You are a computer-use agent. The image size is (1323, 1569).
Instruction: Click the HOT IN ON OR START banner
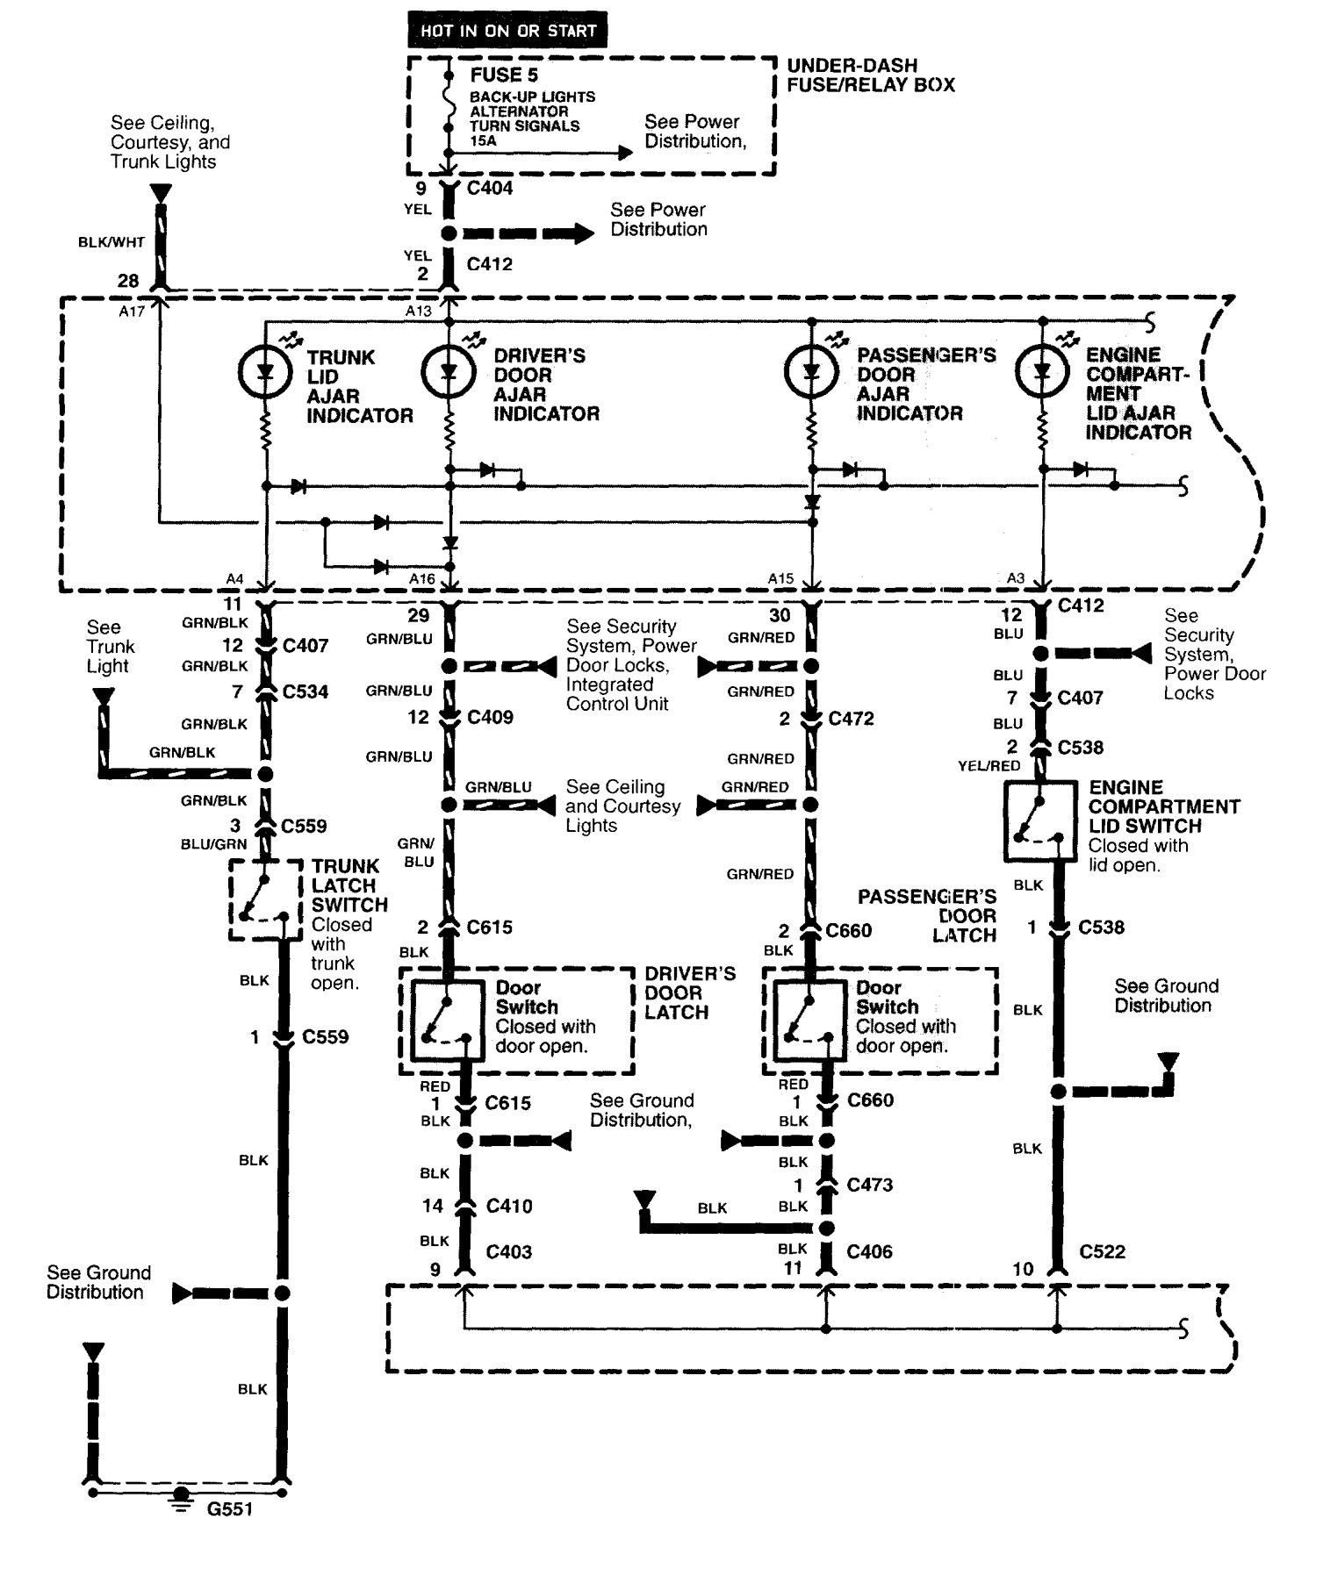point(507,31)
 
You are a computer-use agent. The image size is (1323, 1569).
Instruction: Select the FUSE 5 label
point(503,75)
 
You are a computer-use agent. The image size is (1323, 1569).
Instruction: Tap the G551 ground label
point(229,1509)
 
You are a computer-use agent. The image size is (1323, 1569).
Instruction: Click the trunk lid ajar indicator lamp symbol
point(265,372)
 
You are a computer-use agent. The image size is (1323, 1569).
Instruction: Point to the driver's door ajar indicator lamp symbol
point(449,372)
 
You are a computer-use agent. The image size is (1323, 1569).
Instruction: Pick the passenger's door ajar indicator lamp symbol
point(811,371)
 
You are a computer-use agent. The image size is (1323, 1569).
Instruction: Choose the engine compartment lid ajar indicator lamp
point(1042,371)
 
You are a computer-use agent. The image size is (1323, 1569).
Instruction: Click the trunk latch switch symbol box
point(260,899)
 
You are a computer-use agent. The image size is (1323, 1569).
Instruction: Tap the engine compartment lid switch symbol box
point(1040,820)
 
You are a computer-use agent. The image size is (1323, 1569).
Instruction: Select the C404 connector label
point(490,187)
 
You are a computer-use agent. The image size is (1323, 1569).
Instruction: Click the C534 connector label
point(306,691)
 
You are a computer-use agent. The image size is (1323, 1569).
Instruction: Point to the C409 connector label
point(490,717)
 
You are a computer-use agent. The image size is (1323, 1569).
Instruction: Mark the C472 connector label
point(851,719)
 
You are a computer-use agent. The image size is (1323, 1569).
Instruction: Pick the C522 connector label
point(1102,1251)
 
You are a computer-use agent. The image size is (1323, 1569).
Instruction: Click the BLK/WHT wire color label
point(111,242)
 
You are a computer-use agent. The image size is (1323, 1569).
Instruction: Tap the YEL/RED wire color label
point(989,766)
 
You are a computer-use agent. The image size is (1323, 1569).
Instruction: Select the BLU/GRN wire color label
point(213,844)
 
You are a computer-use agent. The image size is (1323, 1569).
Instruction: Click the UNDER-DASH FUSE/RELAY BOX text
point(870,75)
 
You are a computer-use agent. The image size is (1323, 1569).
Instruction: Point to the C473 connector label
point(869,1185)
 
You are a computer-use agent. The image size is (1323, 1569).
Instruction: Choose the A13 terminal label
point(419,311)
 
